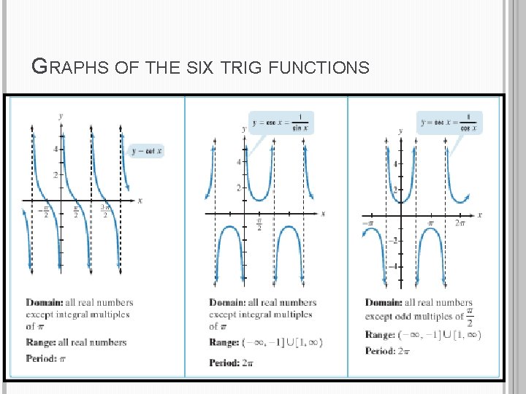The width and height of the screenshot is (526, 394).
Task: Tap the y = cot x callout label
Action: [146, 151]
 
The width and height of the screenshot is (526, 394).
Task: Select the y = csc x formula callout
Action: [281, 123]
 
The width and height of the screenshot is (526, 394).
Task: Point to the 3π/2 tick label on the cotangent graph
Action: [106, 212]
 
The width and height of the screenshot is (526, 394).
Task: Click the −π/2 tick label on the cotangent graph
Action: [45, 212]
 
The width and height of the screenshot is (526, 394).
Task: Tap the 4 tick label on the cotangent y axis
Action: [56, 149]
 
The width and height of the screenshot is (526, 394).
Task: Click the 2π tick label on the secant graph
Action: [460, 223]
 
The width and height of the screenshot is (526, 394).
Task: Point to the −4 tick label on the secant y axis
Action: [392, 266]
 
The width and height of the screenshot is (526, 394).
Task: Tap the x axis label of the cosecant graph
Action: [323, 214]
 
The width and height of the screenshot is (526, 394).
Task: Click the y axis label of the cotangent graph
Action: [61, 115]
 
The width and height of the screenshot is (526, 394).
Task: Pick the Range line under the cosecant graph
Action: [265, 342]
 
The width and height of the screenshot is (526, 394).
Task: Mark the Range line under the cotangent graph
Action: [76, 342]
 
